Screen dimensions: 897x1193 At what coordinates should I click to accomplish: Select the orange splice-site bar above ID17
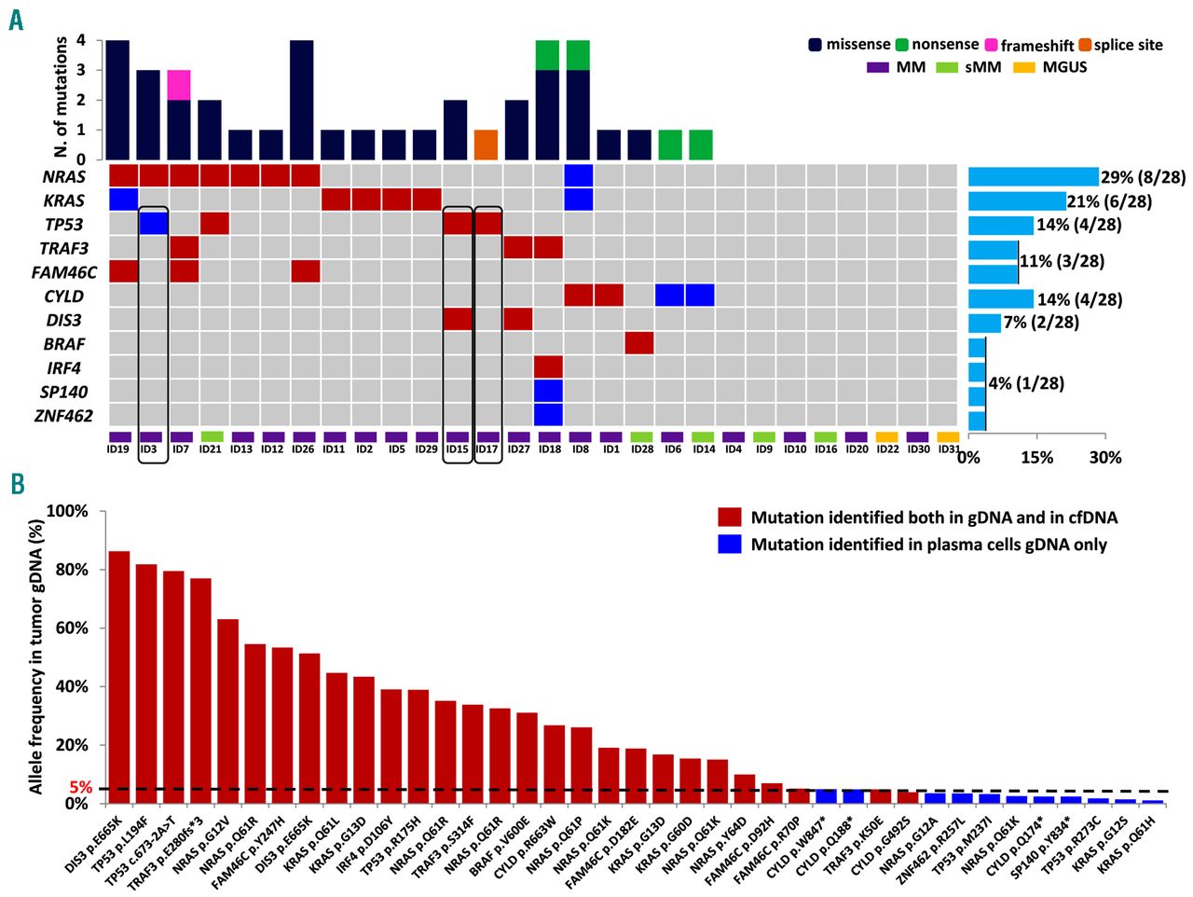486,145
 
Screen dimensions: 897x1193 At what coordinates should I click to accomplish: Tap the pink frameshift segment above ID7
179,85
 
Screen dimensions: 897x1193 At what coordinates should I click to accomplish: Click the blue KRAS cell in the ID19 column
123,200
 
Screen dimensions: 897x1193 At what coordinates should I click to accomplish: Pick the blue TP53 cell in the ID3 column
154,224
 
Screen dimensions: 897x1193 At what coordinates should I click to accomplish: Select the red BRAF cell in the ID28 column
638,343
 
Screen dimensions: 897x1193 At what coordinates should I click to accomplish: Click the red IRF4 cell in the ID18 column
548,367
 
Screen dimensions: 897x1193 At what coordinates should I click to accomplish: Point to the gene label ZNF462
63,416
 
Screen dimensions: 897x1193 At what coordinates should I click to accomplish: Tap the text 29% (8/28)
1143,177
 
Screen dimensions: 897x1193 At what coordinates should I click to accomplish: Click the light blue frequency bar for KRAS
1016,201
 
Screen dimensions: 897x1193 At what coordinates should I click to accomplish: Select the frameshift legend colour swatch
991,45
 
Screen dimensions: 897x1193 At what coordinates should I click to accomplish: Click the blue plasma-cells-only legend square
729,545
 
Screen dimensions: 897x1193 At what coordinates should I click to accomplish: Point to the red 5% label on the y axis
81,788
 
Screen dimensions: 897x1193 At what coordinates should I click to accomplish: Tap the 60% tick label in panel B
70,628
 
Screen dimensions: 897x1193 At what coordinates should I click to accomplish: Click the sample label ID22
887,449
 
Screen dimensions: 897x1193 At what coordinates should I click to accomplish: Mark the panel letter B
17,483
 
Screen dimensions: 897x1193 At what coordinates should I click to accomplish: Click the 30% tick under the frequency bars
1105,458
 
